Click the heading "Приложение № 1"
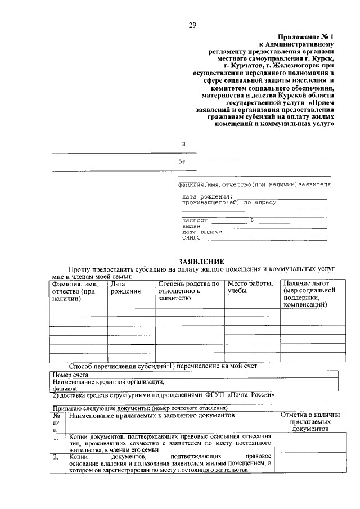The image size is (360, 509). [x=305, y=35]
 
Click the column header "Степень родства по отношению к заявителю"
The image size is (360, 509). [x=188, y=291]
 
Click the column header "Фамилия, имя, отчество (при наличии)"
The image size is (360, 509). [x=74, y=291]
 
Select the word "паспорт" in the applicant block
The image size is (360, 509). [x=195, y=220]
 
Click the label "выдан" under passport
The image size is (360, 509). [x=191, y=226]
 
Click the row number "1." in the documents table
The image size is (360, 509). [x=56, y=437]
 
